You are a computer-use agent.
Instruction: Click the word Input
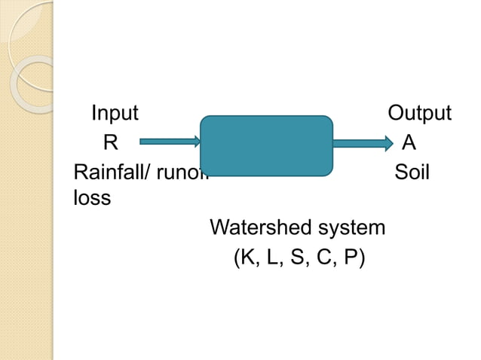(115, 114)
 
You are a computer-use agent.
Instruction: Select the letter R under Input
(110, 142)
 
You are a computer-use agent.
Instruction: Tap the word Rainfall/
(110, 172)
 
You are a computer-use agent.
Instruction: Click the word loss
(91, 199)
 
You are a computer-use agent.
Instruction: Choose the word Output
(419, 114)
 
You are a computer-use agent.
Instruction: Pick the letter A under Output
(409, 142)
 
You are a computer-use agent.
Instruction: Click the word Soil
(412, 172)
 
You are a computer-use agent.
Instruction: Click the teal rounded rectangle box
(266, 146)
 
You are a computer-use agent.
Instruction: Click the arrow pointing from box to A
(362, 141)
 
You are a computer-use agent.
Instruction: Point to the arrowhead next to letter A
(388, 141)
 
